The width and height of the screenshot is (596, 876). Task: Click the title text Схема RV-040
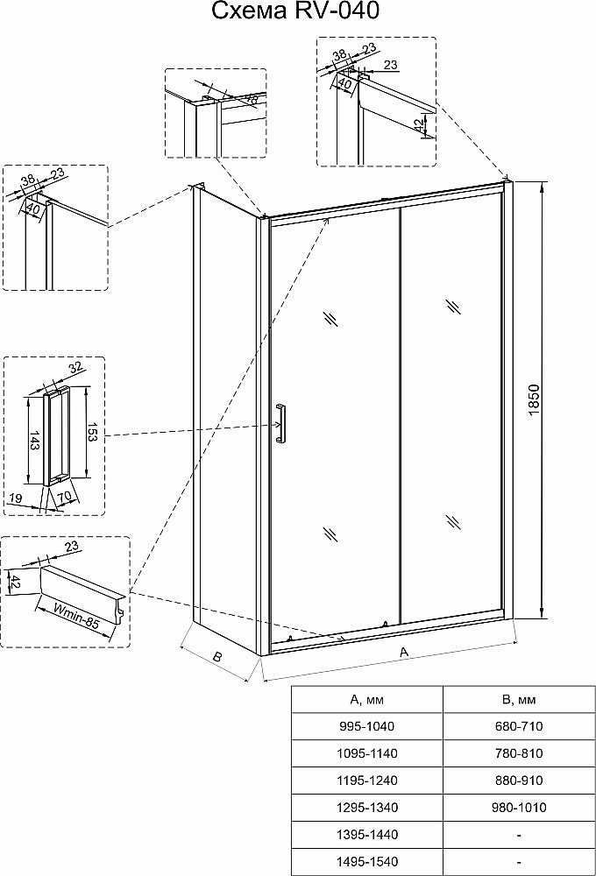297,11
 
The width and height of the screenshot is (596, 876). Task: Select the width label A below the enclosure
403,653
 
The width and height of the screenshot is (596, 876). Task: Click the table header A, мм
366,699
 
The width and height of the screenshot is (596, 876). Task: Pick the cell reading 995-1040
366,726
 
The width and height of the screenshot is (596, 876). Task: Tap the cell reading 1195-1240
366,781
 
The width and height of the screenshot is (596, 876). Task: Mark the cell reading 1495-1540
366,862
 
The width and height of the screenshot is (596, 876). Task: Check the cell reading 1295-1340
366,808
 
